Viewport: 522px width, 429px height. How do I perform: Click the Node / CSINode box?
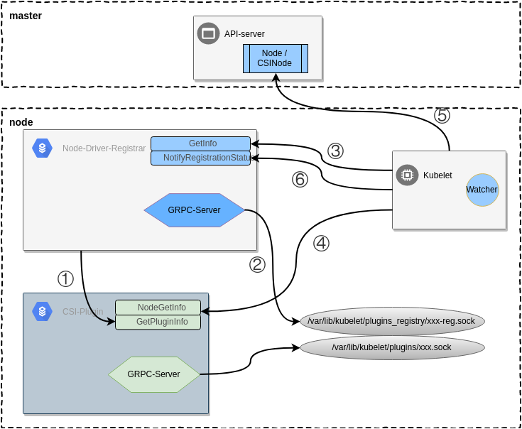point(275,58)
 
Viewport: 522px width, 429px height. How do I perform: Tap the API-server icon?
point(208,33)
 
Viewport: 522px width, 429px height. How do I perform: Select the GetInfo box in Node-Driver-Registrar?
point(201,143)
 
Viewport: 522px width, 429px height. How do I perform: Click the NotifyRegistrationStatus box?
point(201,158)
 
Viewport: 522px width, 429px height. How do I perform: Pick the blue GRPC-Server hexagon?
point(194,210)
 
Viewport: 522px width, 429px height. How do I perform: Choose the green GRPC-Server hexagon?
point(154,374)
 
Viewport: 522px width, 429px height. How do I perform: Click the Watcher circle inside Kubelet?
point(482,190)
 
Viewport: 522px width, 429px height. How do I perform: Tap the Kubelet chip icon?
point(407,175)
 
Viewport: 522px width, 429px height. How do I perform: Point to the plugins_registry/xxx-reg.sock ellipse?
point(392,321)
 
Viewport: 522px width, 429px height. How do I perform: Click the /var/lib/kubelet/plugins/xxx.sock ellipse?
point(392,347)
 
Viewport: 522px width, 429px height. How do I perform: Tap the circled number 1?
point(65,278)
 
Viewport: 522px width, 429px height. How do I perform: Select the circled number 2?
point(257,264)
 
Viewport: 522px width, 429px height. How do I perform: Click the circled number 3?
point(335,151)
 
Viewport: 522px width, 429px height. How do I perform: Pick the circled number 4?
point(321,243)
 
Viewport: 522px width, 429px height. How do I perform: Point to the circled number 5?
point(442,115)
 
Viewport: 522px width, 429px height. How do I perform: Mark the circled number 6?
point(300,180)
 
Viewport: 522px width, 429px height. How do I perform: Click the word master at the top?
point(26,16)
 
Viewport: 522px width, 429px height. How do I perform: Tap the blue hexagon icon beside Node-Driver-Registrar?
point(42,148)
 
